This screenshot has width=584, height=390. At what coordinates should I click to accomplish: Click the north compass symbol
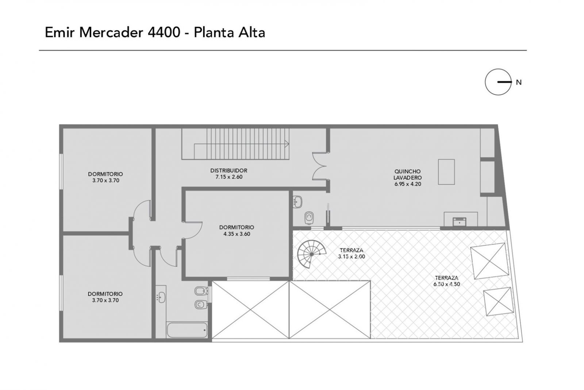(498, 82)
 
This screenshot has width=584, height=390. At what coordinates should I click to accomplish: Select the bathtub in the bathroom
(187, 330)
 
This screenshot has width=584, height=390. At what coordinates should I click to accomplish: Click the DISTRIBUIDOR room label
(228, 170)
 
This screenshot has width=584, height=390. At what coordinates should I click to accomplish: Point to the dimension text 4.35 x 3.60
(237, 234)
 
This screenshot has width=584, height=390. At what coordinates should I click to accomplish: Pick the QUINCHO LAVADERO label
(407, 174)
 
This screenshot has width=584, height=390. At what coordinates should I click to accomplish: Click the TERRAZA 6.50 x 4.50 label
(447, 281)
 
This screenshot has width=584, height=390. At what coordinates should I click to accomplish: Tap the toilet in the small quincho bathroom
(309, 218)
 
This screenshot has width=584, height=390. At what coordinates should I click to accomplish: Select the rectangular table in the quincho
(446, 172)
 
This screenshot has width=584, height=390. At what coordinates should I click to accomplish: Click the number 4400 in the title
(164, 33)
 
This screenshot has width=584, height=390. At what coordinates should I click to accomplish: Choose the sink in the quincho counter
(460, 221)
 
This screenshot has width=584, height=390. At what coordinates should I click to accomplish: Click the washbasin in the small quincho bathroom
(297, 202)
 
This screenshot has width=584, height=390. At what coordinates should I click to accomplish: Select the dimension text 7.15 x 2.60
(229, 177)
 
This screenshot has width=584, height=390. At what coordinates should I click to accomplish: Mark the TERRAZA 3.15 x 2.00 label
(351, 253)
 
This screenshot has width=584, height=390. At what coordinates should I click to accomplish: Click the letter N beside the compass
(519, 83)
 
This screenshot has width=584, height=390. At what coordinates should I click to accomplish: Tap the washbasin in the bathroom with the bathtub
(161, 297)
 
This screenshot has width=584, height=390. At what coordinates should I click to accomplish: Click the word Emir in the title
(60, 33)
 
